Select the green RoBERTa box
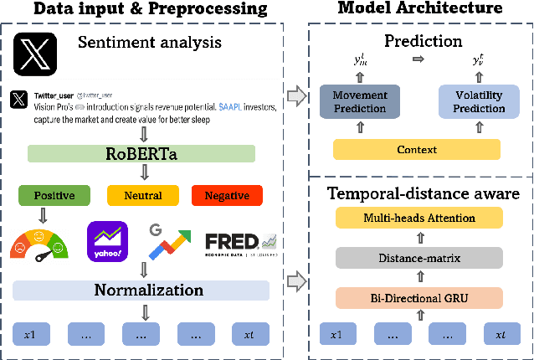point(141,154)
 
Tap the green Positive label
point(54,196)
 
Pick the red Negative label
point(228,196)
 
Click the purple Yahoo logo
point(107,239)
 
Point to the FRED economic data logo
point(240,242)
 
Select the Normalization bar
point(141,291)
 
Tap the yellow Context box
point(416,149)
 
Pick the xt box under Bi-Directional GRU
point(500,334)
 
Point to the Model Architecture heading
point(419,8)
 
